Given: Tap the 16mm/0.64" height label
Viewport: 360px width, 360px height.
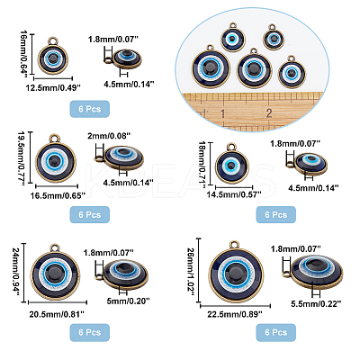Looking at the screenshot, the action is point(24,53).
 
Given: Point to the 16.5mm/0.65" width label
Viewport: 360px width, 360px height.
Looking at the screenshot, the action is point(58,196).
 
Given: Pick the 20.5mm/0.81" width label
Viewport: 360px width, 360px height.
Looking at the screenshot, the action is point(57,314).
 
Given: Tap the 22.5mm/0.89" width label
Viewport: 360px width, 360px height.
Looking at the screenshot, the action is point(235,314).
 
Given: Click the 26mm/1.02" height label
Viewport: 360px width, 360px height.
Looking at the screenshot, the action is point(191,271).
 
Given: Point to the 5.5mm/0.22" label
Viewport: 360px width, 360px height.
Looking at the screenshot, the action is point(316,304).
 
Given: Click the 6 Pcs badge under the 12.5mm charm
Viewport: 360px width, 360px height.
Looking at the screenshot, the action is point(90,109).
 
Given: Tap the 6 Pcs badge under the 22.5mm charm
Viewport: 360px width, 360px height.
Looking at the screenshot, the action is point(276,332).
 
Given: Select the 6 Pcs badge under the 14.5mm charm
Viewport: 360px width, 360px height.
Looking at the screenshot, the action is point(276,214).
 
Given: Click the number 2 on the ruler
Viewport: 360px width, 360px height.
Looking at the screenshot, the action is point(269,113).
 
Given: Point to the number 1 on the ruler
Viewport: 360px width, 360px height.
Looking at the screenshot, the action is point(223,113).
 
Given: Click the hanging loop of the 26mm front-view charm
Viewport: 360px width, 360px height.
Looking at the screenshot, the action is point(235,245).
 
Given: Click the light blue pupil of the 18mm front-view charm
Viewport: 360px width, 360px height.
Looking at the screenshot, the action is point(231,164).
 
